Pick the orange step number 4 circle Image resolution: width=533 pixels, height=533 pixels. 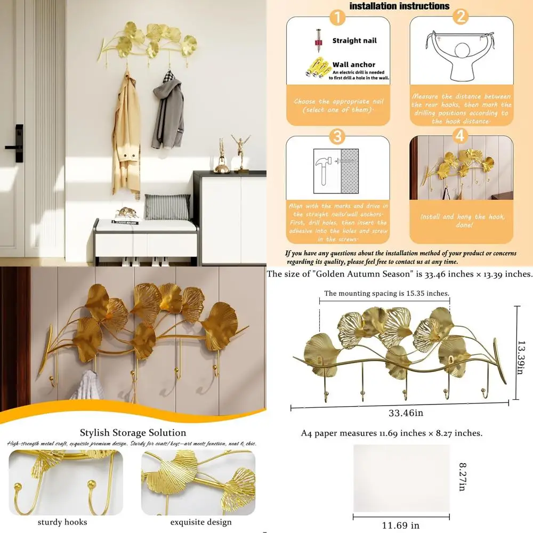point(460,136)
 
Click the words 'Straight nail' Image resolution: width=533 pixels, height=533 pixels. point(354,41)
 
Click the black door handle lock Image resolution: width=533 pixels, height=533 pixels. point(19,143)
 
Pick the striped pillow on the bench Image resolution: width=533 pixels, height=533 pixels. point(167,206)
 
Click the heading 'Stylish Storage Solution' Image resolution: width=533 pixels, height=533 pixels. point(133,432)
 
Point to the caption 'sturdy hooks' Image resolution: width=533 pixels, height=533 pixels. point(62,522)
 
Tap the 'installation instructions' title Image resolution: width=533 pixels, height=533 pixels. point(399,6)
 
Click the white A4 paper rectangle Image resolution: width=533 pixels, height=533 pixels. point(401,478)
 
